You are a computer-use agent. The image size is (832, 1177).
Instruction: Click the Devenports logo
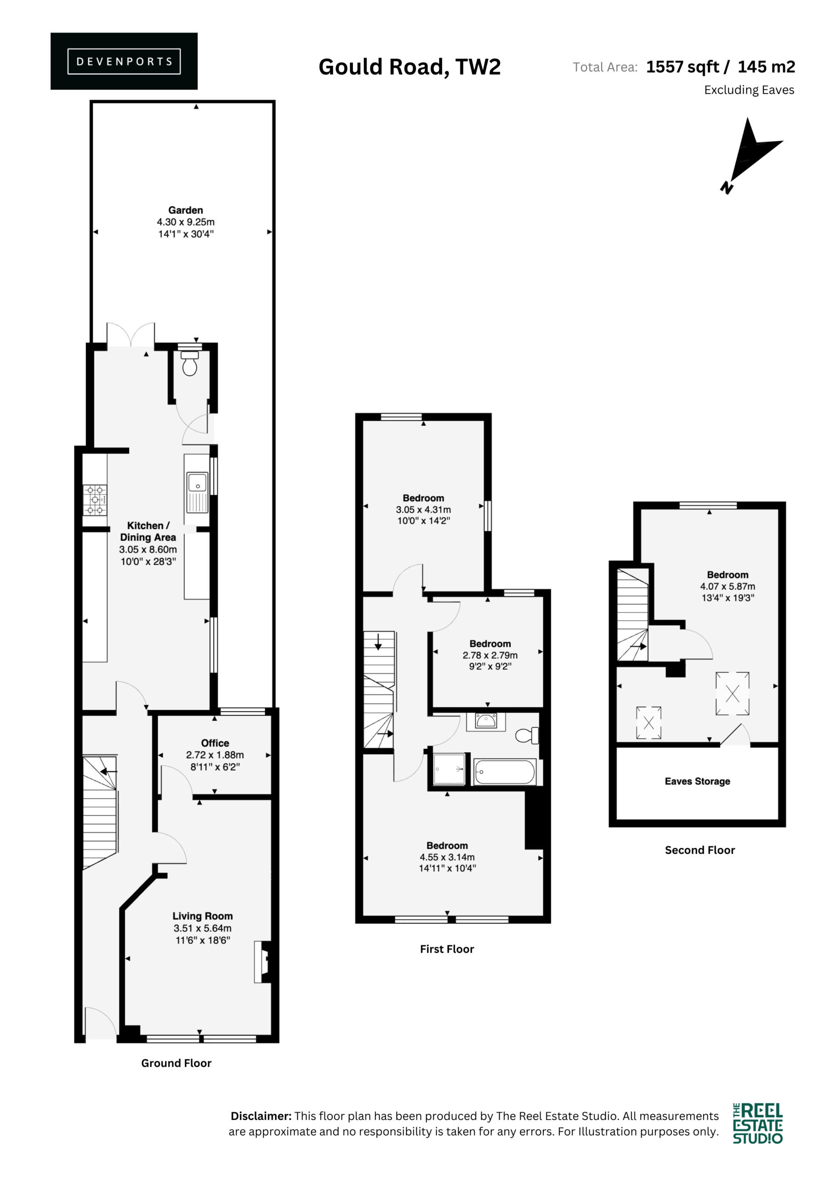pyautogui.click(x=124, y=61)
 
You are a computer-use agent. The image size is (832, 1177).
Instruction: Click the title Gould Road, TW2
pyautogui.click(x=410, y=67)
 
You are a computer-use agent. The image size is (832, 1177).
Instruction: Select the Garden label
pyautogui.click(x=186, y=210)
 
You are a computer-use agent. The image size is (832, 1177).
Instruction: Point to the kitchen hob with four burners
pyautogui.click(x=95, y=499)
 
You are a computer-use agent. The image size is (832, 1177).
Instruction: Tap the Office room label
pyautogui.click(x=215, y=743)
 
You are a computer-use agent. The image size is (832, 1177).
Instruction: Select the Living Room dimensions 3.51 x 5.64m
pyautogui.click(x=203, y=928)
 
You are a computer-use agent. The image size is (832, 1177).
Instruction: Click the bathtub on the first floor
pyautogui.click(x=505, y=771)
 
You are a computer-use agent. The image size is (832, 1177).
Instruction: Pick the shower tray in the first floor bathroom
pyautogui.click(x=449, y=769)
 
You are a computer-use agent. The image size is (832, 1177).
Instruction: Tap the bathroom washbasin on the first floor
pyautogui.click(x=486, y=721)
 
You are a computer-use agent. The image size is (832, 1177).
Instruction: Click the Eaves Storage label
pyautogui.click(x=697, y=781)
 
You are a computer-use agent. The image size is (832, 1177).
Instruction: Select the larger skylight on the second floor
pyautogui.click(x=733, y=694)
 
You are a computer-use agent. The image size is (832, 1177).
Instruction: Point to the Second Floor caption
pyautogui.click(x=700, y=850)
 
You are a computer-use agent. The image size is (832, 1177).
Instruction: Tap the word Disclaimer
pyautogui.click(x=261, y=1116)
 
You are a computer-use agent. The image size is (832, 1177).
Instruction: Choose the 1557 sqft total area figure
pyautogui.click(x=682, y=67)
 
